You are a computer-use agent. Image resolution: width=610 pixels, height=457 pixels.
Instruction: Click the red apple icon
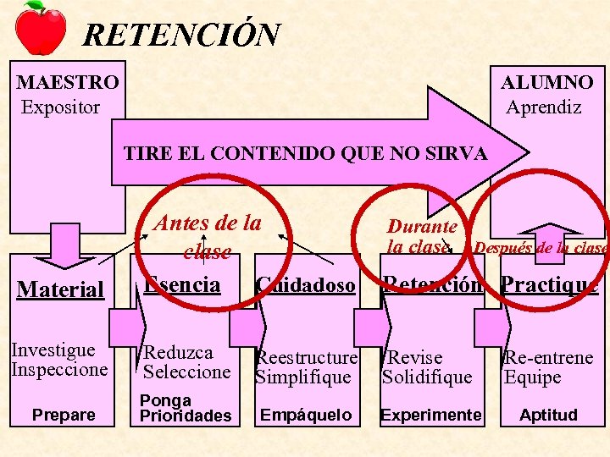click(x=41, y=28)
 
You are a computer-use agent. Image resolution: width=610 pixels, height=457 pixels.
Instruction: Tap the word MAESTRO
click(x=68, y=83)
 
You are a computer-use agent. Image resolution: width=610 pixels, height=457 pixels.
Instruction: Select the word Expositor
click(x=60, y=107)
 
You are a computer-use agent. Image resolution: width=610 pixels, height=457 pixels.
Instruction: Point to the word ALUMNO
click(x=546, y=83)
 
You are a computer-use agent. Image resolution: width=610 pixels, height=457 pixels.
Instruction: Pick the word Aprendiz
click(x=543, y=107)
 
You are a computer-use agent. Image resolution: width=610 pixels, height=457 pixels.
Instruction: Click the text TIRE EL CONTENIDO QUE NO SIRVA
click(x=305, y=154)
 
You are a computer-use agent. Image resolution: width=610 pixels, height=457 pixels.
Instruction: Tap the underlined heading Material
click(x=60, y=289)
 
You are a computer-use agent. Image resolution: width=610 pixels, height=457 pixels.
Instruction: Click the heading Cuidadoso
click(x=306, y=285)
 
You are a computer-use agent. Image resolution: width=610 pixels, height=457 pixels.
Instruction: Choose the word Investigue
click(x=53, y=350)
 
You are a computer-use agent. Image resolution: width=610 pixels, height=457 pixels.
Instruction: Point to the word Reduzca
click(x=178, y=353)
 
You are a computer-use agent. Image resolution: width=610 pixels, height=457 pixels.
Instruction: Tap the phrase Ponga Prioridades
click(x=185, y=408)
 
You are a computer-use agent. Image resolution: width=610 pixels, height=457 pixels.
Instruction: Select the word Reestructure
click(x=307, y=359)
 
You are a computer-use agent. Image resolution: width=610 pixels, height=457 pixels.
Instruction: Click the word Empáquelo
click(x=306, y=415)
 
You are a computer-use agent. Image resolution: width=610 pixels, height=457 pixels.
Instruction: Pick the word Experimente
click(x=430, y=415)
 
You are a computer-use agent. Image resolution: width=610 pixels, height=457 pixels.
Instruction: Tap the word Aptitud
click(x=548, y=415)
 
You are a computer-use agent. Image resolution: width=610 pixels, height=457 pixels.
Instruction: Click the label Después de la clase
click(x=541, y=248)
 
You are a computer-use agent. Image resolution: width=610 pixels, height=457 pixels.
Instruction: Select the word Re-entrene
click(x=548, y=358)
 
